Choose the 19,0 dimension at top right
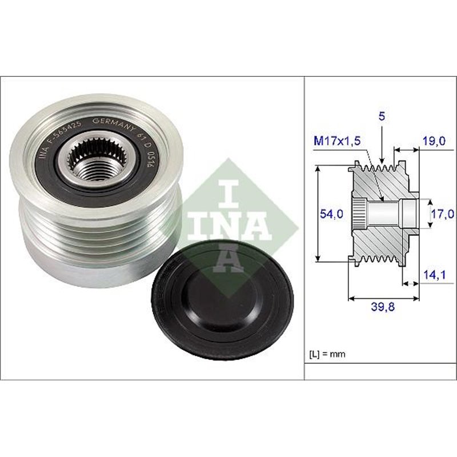432,140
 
